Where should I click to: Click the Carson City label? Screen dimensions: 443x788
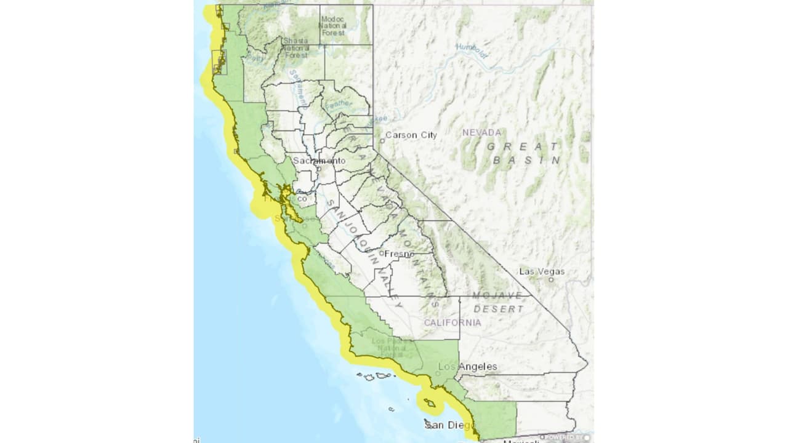(x=411, y=135)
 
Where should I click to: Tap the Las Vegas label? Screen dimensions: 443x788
(x=542, y=271)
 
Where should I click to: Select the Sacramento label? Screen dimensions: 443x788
(x=319, y=161)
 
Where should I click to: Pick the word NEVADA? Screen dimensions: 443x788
(x=482, y=132)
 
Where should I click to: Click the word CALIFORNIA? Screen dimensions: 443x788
(x=452, y=322)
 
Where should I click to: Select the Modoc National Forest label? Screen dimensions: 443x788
(x=334, y=26)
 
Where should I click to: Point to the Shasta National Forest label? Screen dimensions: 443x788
(x=295, y=47)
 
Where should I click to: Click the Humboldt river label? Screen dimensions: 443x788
(x=472, y=50)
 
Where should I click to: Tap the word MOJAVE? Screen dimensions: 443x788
(x=497, y=296)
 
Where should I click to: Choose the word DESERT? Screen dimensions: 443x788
(x=499, y=308)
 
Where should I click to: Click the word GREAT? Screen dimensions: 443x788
(x=523, y=146)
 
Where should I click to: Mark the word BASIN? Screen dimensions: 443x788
(x=527, y=160)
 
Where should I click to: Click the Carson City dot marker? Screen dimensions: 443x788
(x=382, y=140)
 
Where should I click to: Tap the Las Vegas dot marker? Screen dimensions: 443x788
(x=551, y=279)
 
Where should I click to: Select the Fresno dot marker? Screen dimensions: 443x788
(x=382, y=253)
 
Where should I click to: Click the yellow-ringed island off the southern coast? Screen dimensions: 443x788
(x=430, y=403)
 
